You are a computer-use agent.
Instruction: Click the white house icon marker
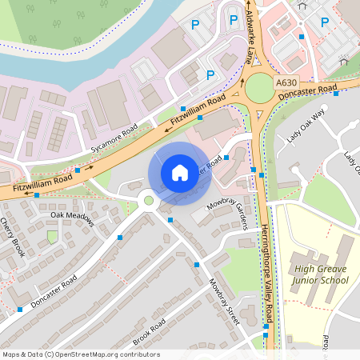click(180, 172)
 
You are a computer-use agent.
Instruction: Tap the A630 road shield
click(286, 82)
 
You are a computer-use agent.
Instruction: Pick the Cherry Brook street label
click(14, 238)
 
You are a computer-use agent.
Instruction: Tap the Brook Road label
click(150, 331)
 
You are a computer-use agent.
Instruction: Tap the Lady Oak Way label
click(307, 125)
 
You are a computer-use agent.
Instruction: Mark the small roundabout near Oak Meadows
click(147, 200)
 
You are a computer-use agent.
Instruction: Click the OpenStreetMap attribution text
click(81, 354)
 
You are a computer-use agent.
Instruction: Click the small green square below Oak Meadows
click(53, 237)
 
